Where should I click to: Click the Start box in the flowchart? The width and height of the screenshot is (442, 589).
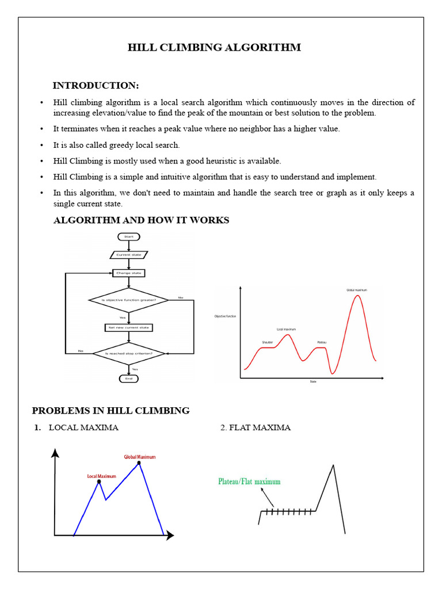pyautogui.click(x=128, y=236)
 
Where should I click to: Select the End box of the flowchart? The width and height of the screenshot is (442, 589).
pyautogui.click(x=128, y=378)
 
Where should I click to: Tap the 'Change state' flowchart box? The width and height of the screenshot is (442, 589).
pyautogui.click(x=128, y=273)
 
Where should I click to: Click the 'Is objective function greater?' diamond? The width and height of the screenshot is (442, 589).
pyautogui.click(x=128, y=300)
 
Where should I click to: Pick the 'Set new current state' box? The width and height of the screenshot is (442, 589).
pyautogui.click(x=128, y=327)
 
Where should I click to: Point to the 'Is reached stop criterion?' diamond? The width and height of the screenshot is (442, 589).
pyautogui.click(x=128, y=353)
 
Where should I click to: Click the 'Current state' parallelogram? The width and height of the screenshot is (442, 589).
pyautogui.click(x=128, y=255)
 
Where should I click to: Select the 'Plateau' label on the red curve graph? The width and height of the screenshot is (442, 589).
pyautogui.click(x=322, y=342)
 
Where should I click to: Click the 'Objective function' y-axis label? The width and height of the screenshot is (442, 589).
pyautogui.click(x=225, y=316)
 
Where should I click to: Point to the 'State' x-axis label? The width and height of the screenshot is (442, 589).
pyautogui.click(x=313, y=381)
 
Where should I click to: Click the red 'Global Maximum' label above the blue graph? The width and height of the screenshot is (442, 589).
pyautogui.click(x=140, y=457)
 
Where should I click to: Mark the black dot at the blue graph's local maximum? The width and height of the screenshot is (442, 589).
pyautogui.click(x=99, y=481)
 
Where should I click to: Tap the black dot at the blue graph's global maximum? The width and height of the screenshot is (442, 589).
pyautogui.click(x=139, y=462)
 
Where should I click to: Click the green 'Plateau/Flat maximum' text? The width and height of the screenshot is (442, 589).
pyautogui.click(x=249, y=481)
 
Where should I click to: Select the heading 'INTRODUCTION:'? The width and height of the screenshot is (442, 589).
pyautogui.click(x=96, y=86)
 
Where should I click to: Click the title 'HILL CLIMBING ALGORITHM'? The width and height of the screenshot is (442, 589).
pyautogui.click(x=214, y=47)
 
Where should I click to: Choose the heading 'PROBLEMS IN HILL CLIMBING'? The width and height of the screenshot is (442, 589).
pyautogui.click(x=110, y=410)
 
